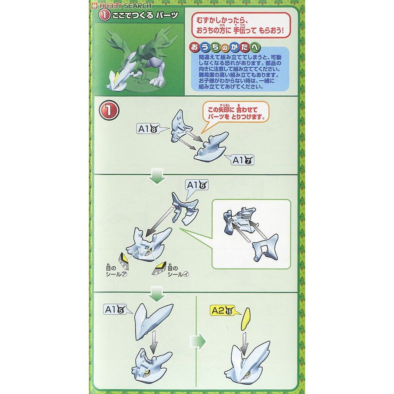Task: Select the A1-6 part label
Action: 197,185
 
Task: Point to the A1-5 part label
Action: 115,310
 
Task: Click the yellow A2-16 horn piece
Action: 245,319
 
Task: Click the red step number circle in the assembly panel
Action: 109,110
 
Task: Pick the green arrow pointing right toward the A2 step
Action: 198,341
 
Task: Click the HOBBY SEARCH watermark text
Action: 122,5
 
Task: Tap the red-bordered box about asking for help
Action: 241,25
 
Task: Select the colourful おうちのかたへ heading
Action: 225,47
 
